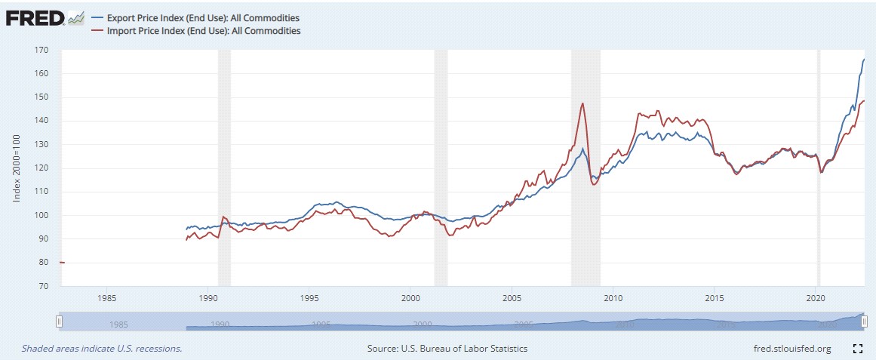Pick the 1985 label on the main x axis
coord(106,297)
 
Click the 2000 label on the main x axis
coord(410,297)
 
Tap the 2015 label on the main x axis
coord(715,297)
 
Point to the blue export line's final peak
coord(864,59)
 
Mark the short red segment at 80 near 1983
coord(62,263)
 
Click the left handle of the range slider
coord(60,322)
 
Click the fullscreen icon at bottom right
coord(857,349)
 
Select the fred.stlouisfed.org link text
coord(792,349)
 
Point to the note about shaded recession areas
coord(102,349)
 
